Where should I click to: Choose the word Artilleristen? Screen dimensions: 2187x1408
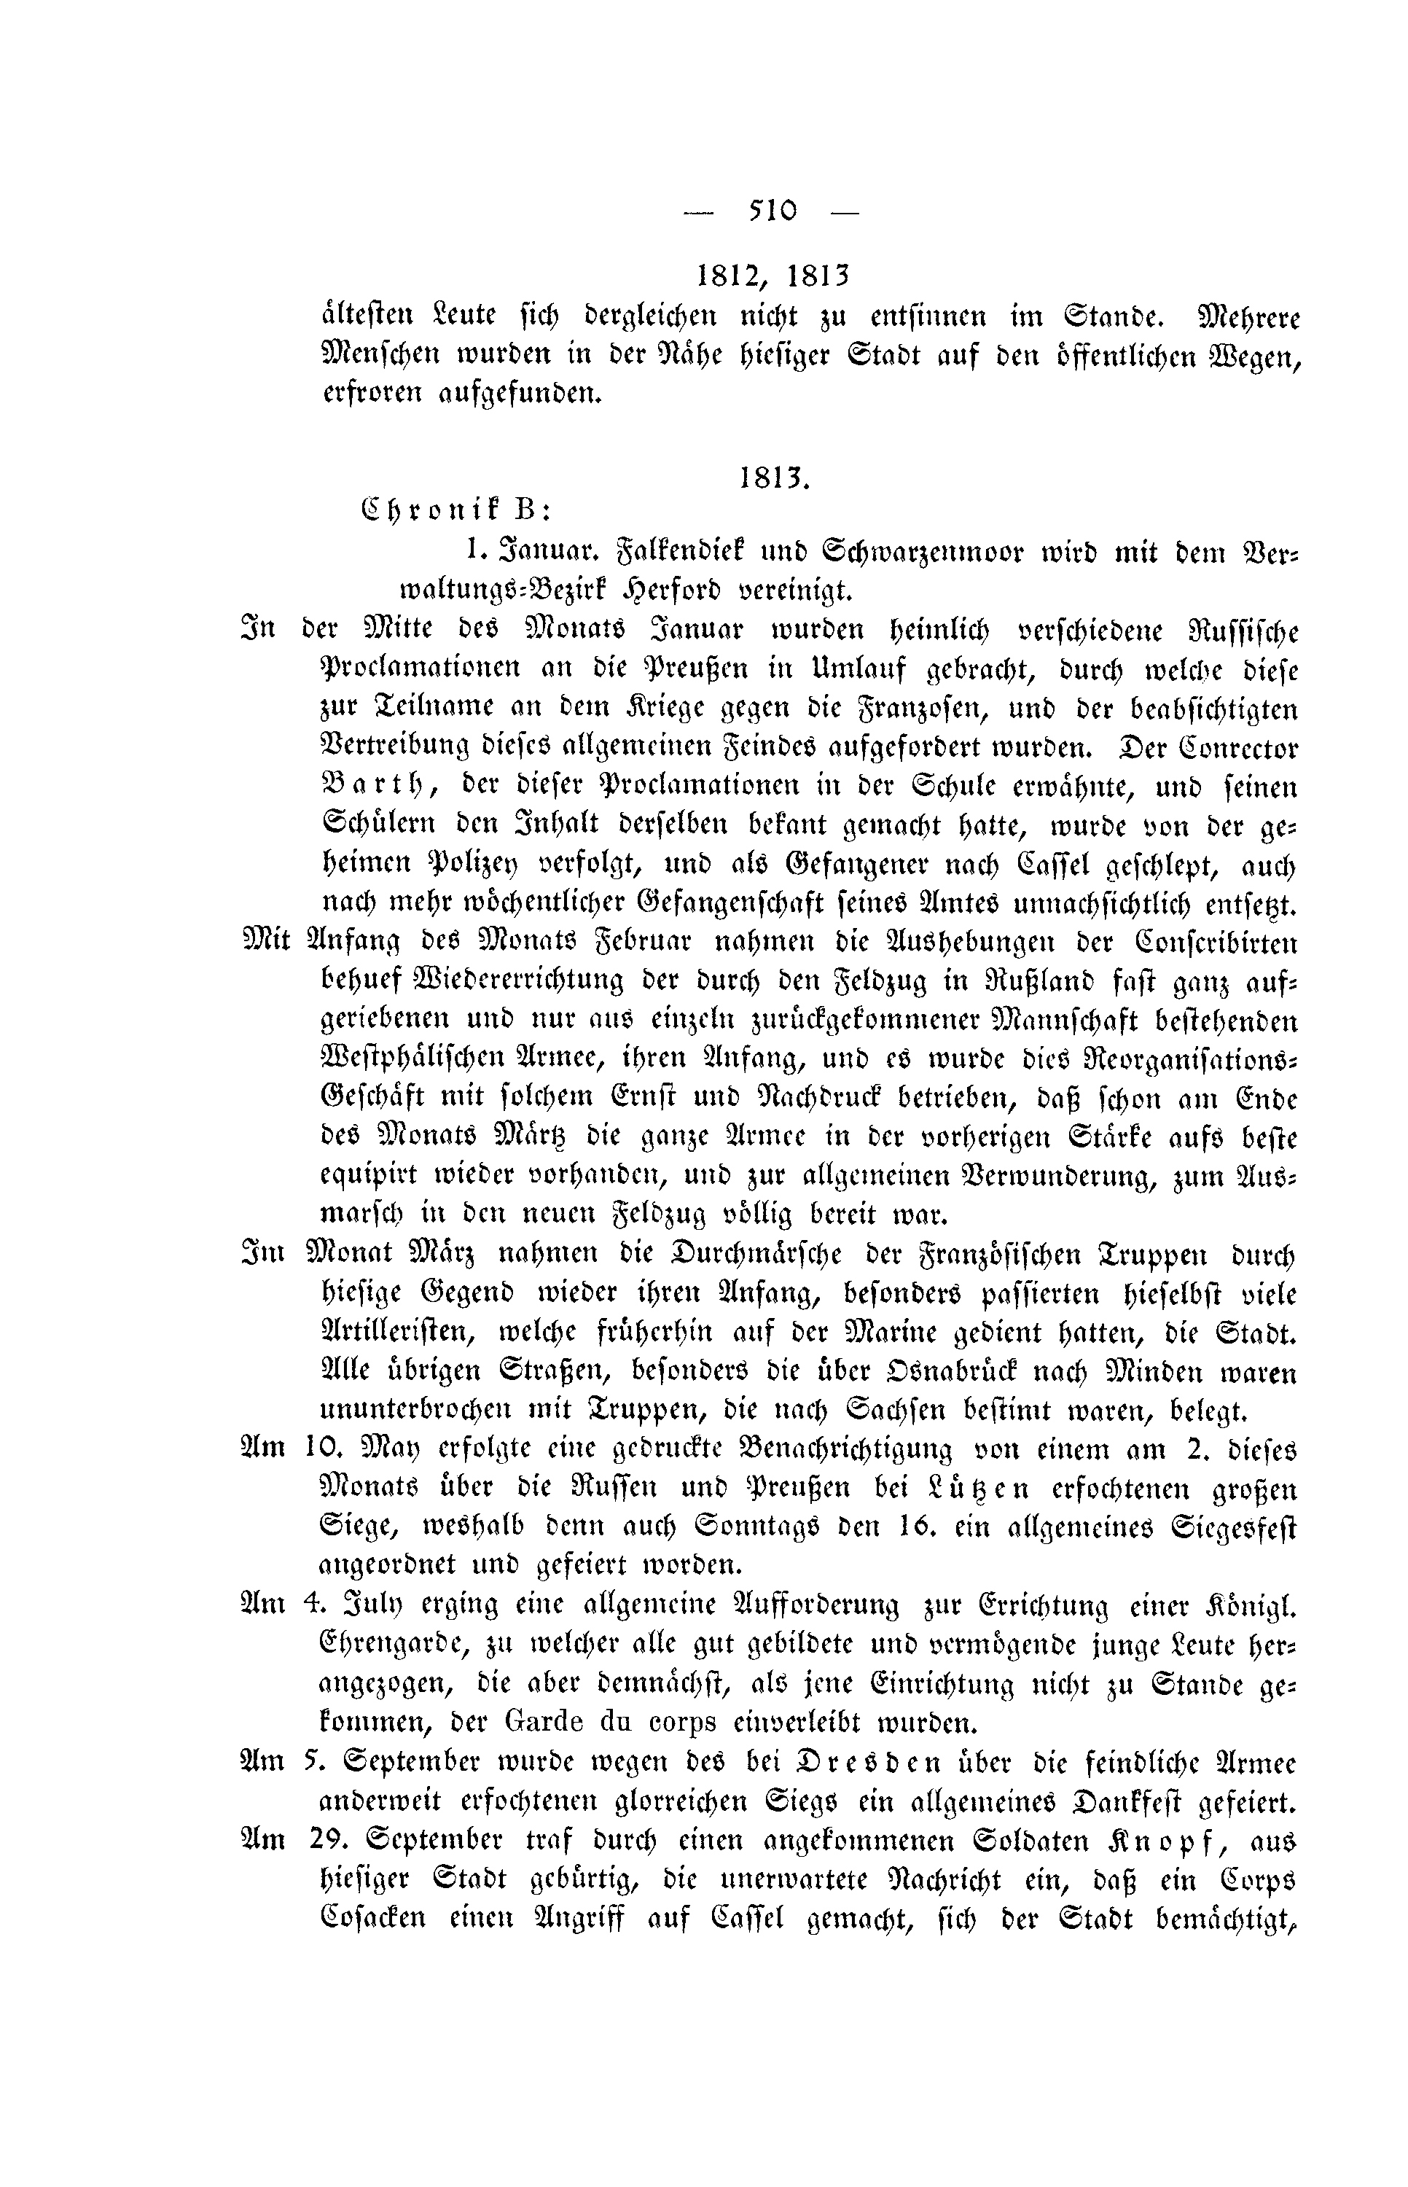(402, 1334)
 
